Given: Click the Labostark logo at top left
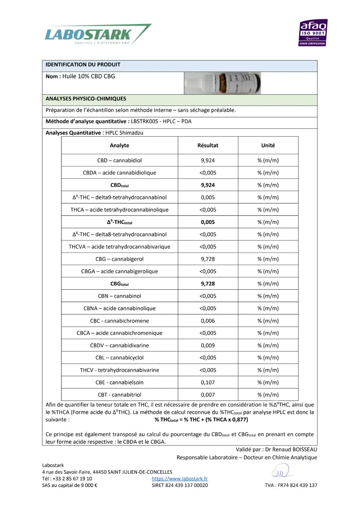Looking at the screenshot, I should (97, 35).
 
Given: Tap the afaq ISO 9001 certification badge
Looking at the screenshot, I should (313, 33).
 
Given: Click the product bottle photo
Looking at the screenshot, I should (222, 83).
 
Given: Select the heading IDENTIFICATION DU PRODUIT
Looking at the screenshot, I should (83, 65).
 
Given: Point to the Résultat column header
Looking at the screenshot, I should (208, 145).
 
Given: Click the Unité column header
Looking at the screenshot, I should (268, 145).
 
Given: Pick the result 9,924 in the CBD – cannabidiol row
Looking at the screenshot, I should (208, 161).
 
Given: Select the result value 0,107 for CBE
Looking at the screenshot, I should (208, 383).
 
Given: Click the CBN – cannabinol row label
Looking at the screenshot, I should (119, 296).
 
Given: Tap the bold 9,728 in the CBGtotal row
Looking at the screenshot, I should (208, 284).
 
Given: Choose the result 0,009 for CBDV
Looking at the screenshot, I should (208, 345).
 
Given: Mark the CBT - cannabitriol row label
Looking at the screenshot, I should (119, 395).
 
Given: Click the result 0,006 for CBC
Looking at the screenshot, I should (208, 321).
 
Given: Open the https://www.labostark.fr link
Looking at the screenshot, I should (180, 479).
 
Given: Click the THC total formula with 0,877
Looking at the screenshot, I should (201, 420).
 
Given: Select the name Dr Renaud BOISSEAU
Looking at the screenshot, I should (291, 449).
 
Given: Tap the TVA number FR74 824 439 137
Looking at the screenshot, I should (291, 485).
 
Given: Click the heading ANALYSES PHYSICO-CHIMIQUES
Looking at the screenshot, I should (86, 99).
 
